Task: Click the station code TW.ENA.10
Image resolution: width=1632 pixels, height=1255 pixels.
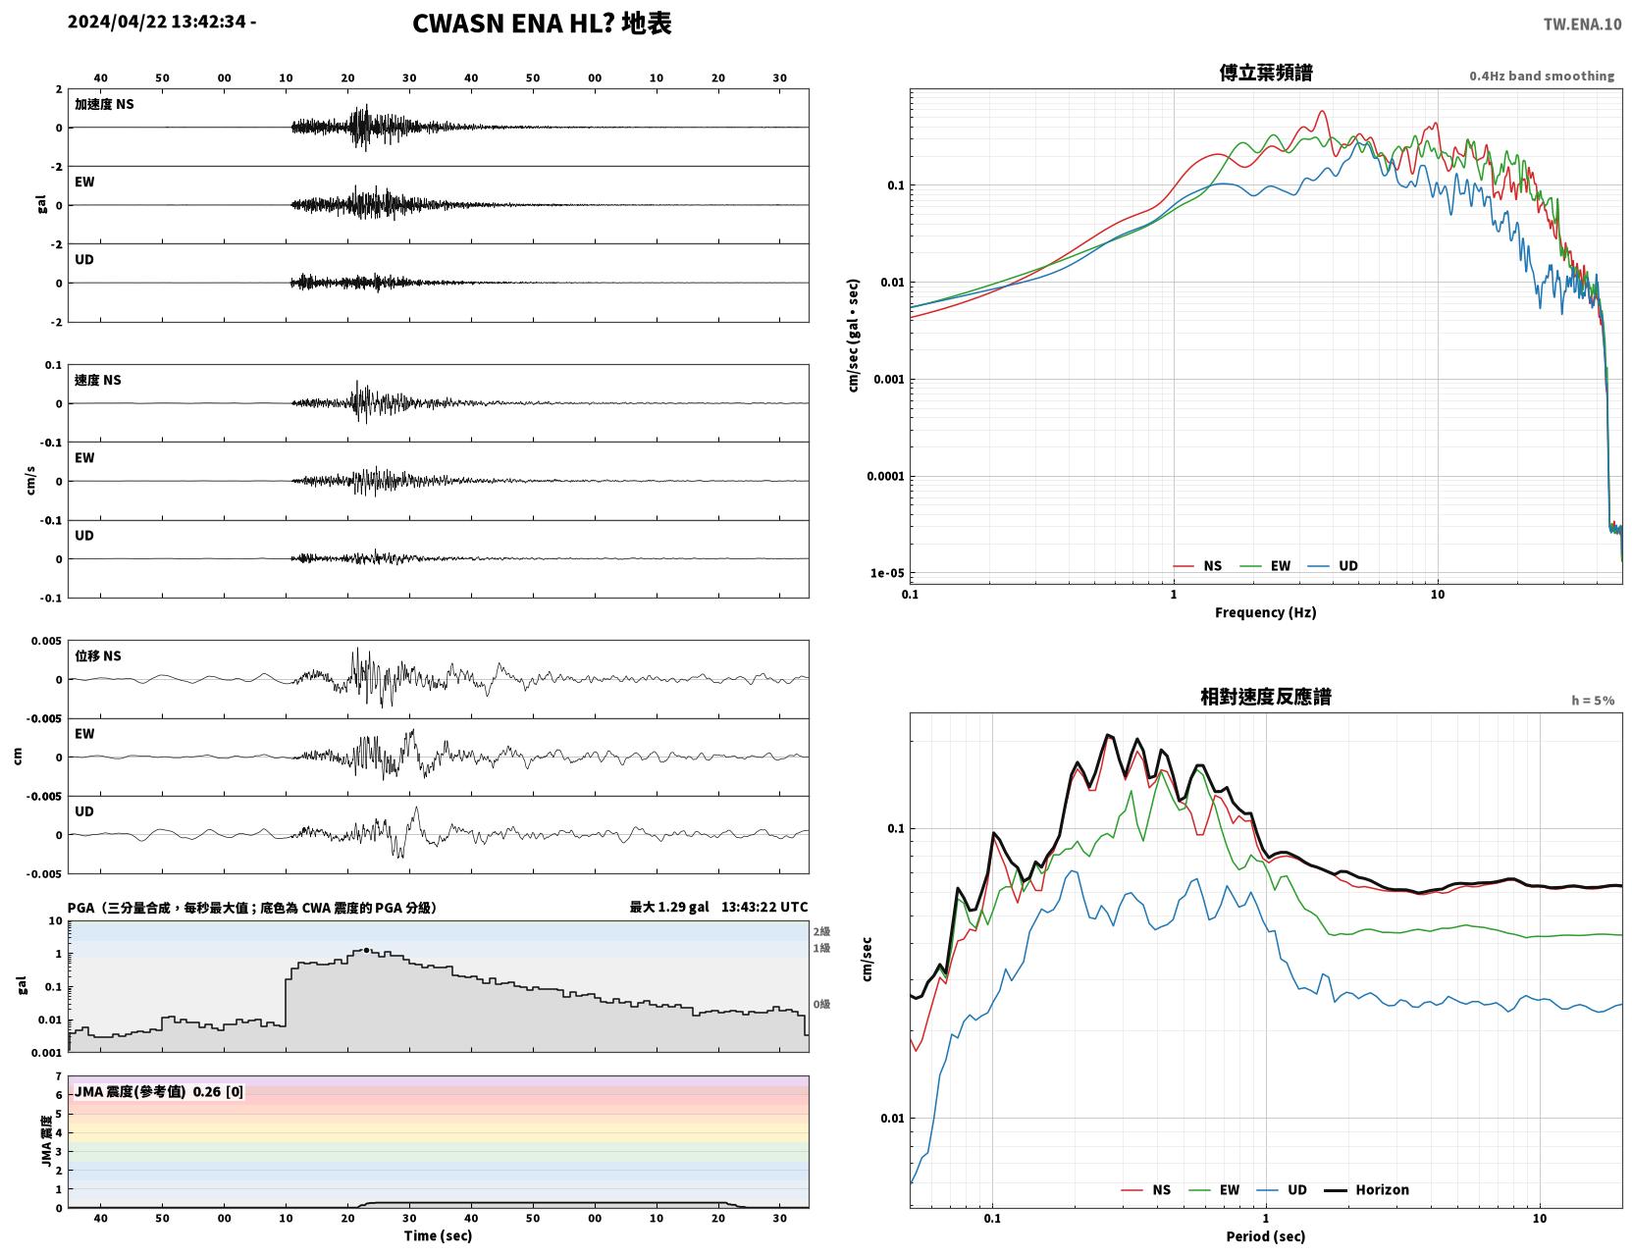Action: pos(1582,24)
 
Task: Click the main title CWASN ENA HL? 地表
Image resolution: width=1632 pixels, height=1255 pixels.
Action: pos(541,24)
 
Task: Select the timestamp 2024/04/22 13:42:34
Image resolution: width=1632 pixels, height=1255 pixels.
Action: pos(157,21)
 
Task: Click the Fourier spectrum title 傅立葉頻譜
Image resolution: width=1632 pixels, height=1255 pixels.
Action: pos(1265,73)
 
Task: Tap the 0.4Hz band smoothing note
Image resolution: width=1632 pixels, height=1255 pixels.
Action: pos(1541,76)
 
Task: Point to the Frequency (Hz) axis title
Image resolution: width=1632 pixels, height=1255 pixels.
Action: pos(1265,611)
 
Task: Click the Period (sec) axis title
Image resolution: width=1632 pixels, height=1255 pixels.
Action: pos(1265,1235)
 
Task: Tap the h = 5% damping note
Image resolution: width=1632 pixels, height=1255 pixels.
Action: pos(1592,700)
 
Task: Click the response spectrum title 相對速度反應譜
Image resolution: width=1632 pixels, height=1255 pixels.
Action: pos(1265,697)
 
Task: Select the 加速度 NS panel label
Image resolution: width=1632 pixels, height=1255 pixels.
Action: pos(104,104)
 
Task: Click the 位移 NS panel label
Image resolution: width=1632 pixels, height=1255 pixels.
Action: pos(97,655)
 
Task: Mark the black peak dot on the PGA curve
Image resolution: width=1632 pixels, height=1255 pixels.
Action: pos(366,950)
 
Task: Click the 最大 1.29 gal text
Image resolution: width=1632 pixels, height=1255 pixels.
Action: pos(668,907)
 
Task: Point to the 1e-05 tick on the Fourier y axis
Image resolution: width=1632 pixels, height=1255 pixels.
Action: pos(887,573)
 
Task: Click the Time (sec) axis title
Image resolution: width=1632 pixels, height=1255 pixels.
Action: pos(437,1234)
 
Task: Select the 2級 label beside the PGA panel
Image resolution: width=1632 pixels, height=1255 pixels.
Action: pos(820,931)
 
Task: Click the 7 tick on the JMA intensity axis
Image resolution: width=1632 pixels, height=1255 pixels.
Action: pos(59,1075)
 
